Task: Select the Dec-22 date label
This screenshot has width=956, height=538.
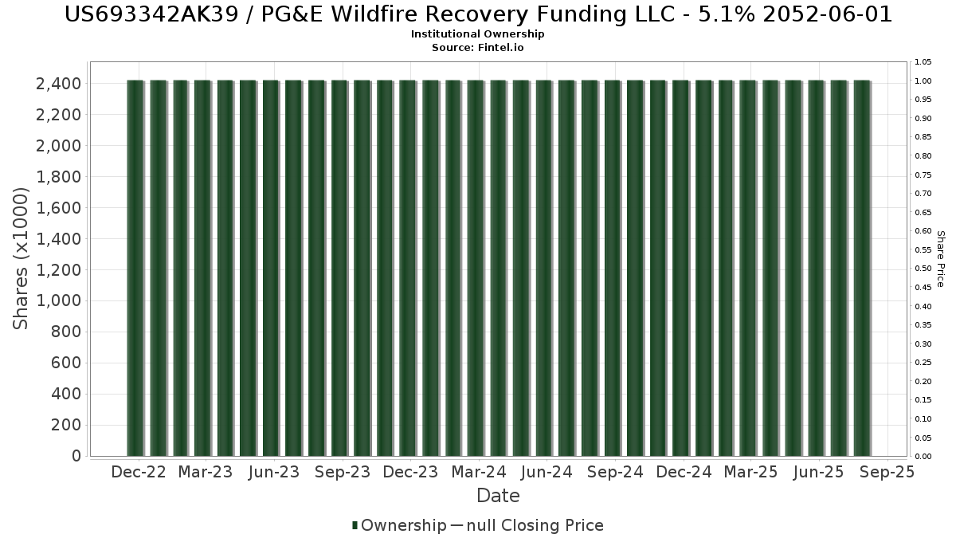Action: pos(139,472)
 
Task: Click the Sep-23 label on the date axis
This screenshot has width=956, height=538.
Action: pos(343,472)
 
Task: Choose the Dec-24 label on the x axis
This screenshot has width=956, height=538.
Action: pos(684,472)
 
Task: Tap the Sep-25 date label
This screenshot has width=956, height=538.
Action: pos(887,472)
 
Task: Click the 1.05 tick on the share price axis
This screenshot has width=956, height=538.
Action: pos(923,62)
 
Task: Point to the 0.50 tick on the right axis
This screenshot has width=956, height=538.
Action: pos(923,269)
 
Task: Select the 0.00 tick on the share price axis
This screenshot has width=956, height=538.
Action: pos(923,457)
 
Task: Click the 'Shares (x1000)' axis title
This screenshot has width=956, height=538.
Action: pos(22,258)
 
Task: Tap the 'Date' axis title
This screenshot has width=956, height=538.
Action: pos(498,496)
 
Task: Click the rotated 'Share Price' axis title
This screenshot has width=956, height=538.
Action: pos(940,259)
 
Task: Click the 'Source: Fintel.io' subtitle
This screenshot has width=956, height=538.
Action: pos(478,47)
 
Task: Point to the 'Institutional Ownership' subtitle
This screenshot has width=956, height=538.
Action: pos(478,34)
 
